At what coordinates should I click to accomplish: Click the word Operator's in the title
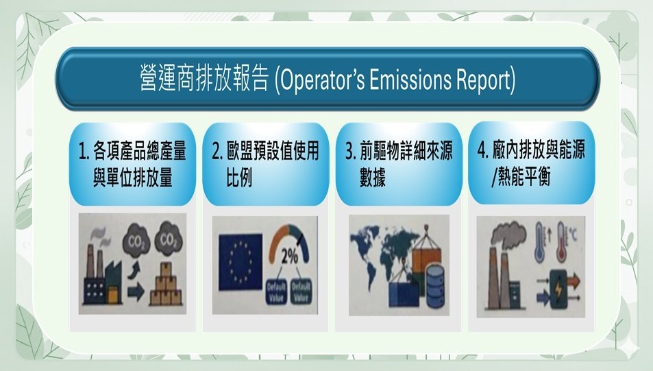coord(320,80)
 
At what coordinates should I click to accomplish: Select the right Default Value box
coord(301,291)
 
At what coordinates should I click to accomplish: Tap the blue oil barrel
coord(434,288)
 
